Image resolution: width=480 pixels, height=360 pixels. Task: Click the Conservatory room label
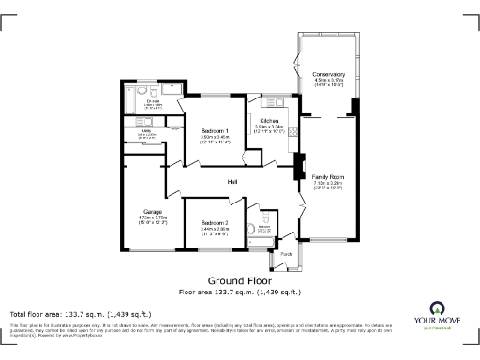[329, 74]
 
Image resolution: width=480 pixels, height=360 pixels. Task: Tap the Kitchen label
[269, 122]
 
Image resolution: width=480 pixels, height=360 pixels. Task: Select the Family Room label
[329, 177]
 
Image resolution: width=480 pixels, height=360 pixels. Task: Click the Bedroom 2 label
[215, 222]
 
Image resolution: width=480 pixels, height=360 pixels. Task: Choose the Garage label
[153, 211]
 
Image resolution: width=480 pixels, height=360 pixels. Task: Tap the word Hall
[232, 181]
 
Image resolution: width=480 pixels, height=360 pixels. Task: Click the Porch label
[286, 253]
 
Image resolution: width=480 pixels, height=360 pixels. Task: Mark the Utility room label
[146, 132]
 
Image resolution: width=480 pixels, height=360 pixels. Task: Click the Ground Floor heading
[239, 280]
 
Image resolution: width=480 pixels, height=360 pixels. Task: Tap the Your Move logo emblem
[438, 309]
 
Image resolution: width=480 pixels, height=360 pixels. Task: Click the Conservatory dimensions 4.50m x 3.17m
[329, 81]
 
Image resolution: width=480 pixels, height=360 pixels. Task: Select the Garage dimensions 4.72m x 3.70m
[153, 217]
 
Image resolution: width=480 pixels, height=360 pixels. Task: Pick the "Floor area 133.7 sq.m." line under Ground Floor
[239, 292]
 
